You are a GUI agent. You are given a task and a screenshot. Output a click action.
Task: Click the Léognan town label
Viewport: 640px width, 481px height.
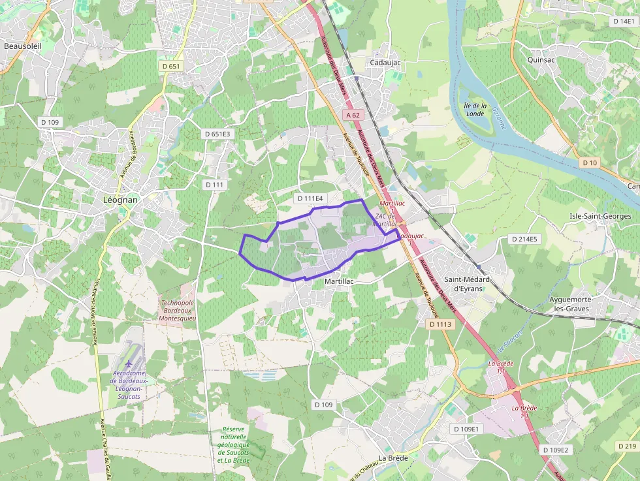pyautogui.click(x=121, y=200)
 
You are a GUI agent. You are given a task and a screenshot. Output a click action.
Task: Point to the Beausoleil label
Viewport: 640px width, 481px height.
pyautogui.click(x=23, y=46)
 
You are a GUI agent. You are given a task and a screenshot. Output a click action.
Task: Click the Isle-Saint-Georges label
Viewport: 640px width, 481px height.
pyautogui.click(x=600, y=216)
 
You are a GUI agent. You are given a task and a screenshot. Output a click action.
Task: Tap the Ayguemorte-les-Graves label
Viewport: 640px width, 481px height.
pyautogui.click(x=571, y=303)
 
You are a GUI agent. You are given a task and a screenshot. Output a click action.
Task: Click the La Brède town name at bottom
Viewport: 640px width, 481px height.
pyautogui.click(x=393, y=458)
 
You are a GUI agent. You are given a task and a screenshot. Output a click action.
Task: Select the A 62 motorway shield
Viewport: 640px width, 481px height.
pyautogui.click(x=353, y=115)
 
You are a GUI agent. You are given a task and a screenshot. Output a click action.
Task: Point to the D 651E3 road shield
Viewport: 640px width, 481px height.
pyautogui.click(x=217, y=134)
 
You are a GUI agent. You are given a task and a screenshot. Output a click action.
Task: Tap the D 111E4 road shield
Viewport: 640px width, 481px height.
pyautogui.click(x=310, y=198)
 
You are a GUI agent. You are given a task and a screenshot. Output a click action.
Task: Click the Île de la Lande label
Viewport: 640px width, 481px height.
pyautogui.click(x=475, y=109)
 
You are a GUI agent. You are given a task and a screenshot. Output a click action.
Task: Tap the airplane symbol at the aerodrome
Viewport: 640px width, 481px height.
pyautogui.click(x=128, y=363)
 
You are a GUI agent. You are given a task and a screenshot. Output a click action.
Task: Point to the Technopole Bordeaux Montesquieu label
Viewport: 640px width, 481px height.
pyautogui.click(x=177, y=310)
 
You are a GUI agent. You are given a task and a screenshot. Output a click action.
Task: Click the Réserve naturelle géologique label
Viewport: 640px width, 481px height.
pyautogui.click(x=233, y=444)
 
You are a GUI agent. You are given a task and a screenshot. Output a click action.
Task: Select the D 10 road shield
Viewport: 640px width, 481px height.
pyautogui.click(x=590, y=163)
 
